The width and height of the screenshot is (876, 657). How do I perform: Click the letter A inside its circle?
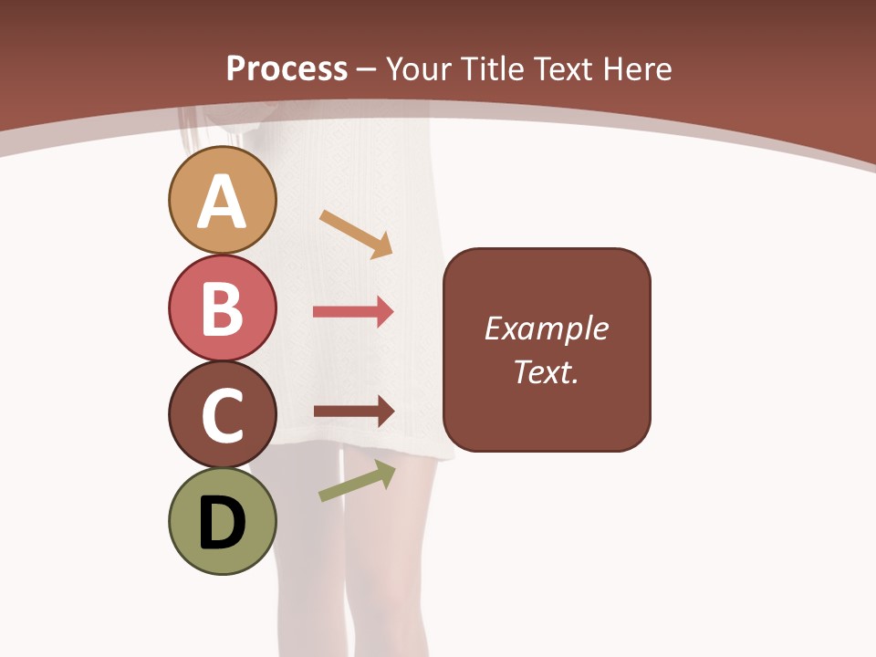coord(223,202)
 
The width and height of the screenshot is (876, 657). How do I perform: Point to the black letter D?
coord(223,523)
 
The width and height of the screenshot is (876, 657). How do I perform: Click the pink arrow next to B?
coord(353,312)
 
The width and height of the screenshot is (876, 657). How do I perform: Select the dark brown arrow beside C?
coord(353,412)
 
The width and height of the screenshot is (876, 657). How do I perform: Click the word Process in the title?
coord(287,68)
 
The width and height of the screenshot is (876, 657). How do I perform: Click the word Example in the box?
coord(546,328)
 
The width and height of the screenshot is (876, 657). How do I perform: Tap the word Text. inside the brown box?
coord(546,371)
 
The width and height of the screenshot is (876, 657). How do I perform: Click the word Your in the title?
coord(420,68)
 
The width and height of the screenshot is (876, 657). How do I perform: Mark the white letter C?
coord(223,415)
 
